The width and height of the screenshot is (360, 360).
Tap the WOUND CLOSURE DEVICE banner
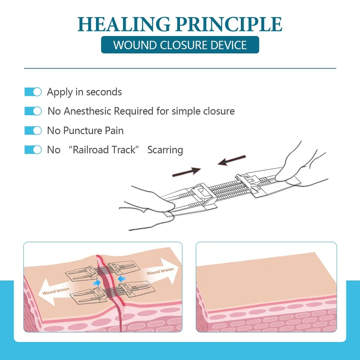pyautogui.click(x=180, y=45)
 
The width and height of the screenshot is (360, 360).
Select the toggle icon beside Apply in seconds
pyautogui.click(x=33, y=92)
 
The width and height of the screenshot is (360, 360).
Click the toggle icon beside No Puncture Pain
pyautogui.click(x=33, y=130)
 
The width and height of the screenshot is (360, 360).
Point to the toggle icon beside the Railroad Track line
pyautogui.click(x=33, y=150)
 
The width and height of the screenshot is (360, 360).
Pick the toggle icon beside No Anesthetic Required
pyautogui.click(x=33, y=111)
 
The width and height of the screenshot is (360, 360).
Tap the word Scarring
pyautogui.click(x=165, y=150)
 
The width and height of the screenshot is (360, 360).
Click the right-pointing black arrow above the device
pyautogui.click(x=189, y=171)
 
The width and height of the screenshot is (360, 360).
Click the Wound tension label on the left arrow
pyautogui.click(x=56, y=293)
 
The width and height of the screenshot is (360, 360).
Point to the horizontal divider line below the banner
pyautogui.click(x=180, y=68)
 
